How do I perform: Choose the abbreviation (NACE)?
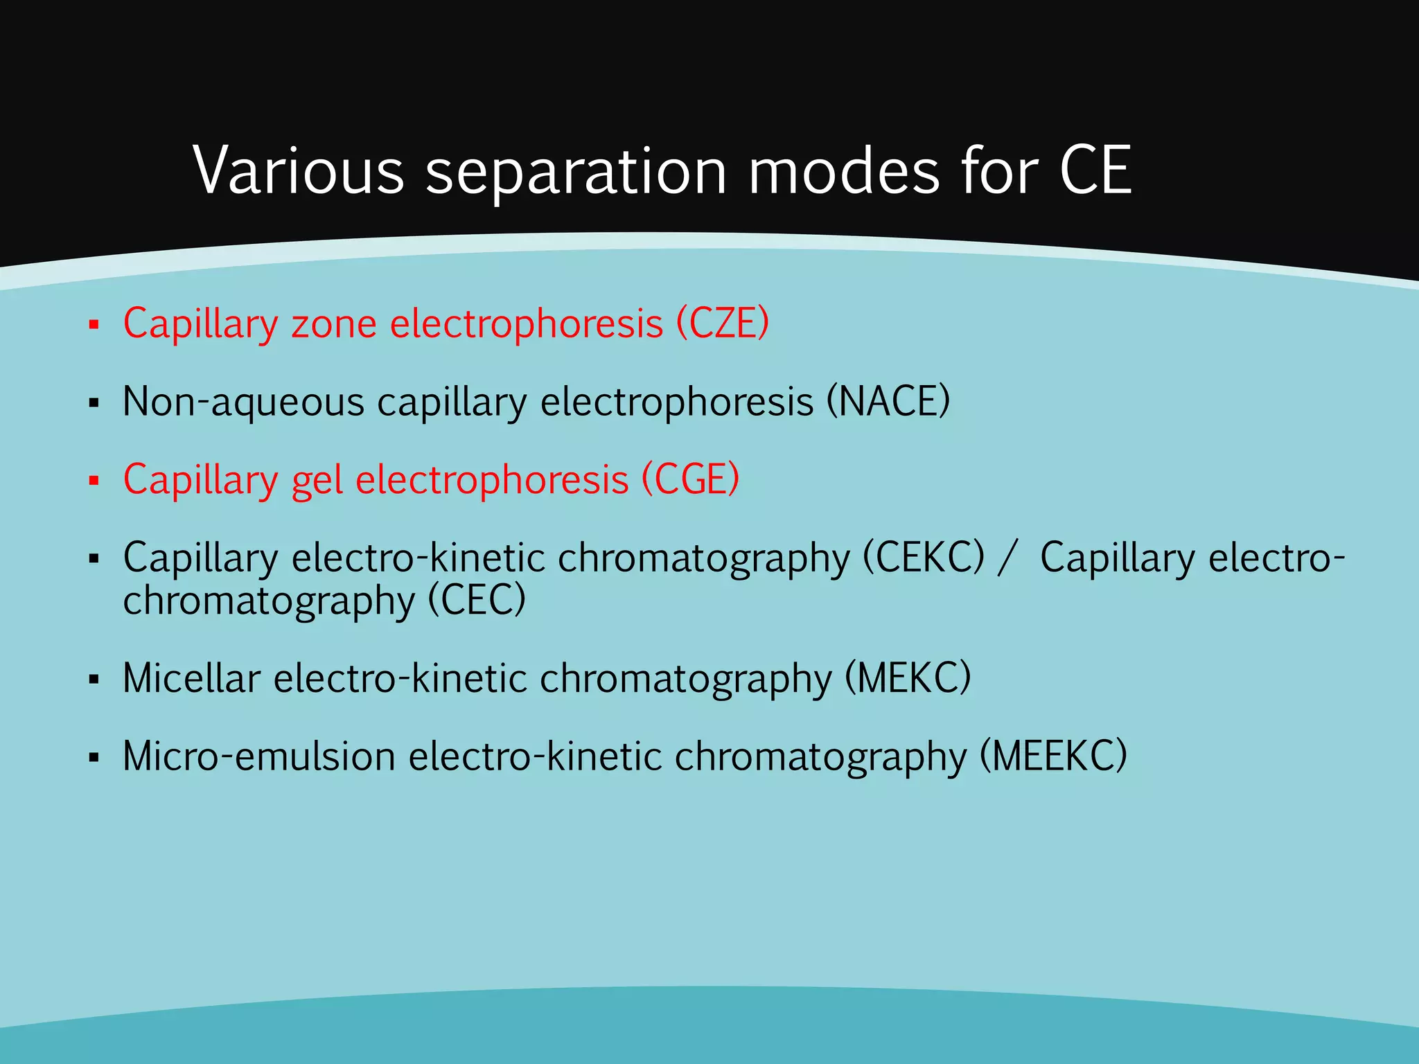[888, 401]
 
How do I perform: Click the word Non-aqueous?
[243, 402]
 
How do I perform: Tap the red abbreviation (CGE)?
[690, 479]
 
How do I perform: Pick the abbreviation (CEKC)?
[923, 557]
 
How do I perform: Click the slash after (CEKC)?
[1008, 558]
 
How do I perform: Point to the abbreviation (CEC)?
[477, 600]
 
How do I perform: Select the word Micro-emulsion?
[259, 756]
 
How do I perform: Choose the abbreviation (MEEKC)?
[1053, 756]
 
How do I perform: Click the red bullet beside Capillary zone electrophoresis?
[94, 324]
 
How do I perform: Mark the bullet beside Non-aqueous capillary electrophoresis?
[94, 402]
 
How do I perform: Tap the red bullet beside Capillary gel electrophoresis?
[94, 480]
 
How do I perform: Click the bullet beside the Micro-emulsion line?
[94, 757]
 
